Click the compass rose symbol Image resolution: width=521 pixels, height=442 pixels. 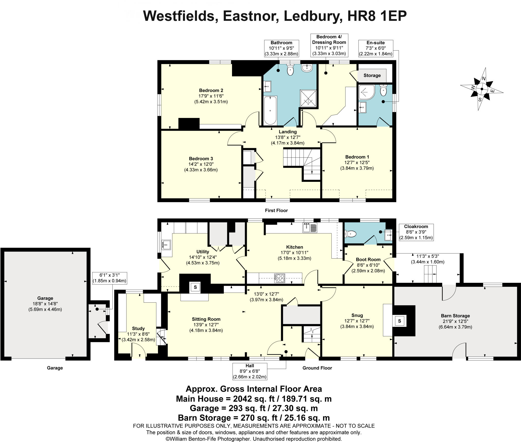[482, 89]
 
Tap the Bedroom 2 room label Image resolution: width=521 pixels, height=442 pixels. [211, 91]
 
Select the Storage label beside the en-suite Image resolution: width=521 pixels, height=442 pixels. [372, 76]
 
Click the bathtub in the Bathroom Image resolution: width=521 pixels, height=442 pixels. [270, 110]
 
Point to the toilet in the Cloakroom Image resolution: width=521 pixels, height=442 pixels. [351, 233]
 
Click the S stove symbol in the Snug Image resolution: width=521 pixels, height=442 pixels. [399, 321]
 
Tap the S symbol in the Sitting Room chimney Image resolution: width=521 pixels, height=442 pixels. [195, 287]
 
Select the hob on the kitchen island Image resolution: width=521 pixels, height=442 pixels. [279, 278]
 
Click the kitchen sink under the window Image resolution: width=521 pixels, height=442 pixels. [310, 227]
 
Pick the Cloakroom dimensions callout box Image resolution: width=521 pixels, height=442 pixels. [416, 232]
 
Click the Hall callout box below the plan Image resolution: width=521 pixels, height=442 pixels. [250, 371]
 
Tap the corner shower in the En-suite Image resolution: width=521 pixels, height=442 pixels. [366, 92]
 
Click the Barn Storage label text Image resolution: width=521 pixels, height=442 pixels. [455, 316]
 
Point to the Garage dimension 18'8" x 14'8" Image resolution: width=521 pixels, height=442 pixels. [45, 304]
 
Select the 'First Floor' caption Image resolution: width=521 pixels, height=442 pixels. [276, 211]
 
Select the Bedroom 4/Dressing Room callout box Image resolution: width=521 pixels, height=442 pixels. [329, 45]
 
